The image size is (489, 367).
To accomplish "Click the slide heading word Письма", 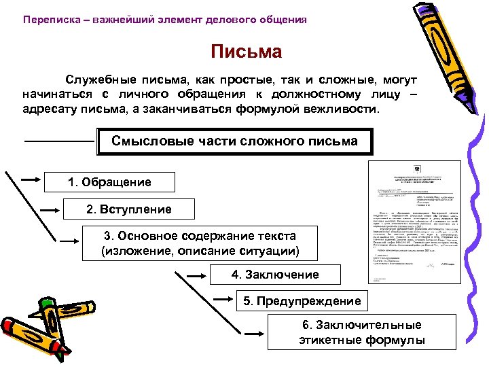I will click(246, 51).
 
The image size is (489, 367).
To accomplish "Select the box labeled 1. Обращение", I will click(110, 181).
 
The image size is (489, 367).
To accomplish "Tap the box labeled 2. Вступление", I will click(129, 209).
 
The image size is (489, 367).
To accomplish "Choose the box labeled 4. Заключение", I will click(274, 275).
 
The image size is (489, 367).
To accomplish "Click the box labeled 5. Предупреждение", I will click(297, 300).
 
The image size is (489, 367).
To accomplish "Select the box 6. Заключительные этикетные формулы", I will click(361, 333).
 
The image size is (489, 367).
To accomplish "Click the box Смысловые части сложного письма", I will click(234, 142).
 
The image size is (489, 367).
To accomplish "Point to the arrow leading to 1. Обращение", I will click(31, 179).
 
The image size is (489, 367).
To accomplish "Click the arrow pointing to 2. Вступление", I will click(50, 209).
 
